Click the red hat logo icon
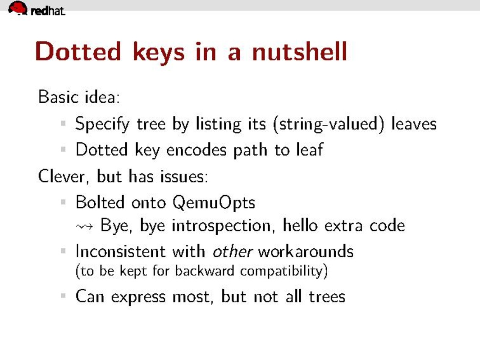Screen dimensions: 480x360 (18, 8)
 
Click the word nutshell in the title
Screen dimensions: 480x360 (300, 51)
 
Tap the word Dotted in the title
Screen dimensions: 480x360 (79, 51)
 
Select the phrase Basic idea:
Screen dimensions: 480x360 (79, 97)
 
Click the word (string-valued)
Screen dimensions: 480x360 (328, 124)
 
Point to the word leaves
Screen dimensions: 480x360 (414, 124)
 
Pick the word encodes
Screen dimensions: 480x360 (196, 150)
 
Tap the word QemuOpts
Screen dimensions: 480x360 (213, 202)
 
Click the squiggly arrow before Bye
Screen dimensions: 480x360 (84, 227)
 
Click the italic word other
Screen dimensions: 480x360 (233, 252)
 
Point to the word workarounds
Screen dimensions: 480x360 (306, 252)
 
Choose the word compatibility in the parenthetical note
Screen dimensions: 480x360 (284, 271)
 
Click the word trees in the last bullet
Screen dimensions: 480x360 (327, 297)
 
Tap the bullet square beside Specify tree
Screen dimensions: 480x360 (63, 124)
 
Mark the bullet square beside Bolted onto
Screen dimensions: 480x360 (63, 202)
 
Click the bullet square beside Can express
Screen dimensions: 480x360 (63, 296)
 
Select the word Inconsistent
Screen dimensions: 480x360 (121, 252)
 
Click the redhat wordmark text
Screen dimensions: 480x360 (48, 11)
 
